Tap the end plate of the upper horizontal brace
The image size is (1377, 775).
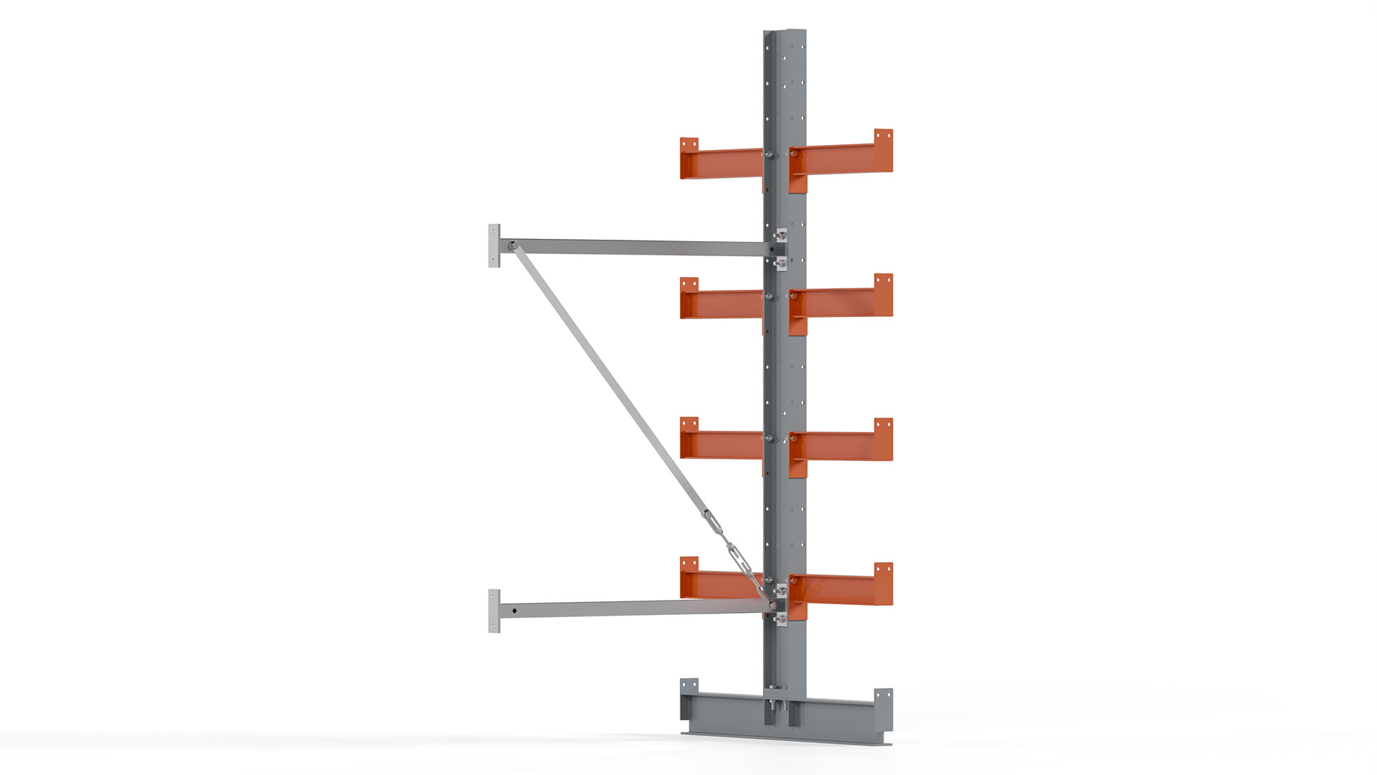tap(494, 245)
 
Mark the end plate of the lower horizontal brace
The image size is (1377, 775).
tap(494, 611)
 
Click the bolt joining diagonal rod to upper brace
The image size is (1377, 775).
tap(514, 246)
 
